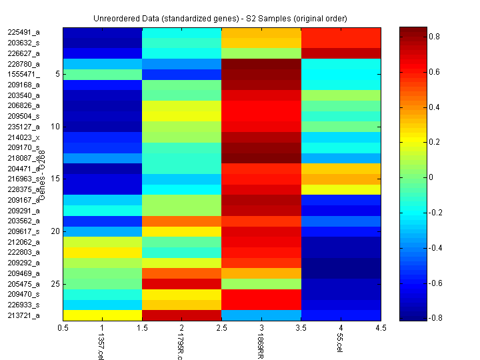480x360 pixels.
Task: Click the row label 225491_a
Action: [x=23, y=32]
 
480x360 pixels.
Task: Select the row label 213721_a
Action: [x=23, y=315]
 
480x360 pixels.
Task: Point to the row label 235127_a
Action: [x=23, y=127]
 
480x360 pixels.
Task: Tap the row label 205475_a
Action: [x=23, y=284]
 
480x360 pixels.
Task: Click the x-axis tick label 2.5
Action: [x=221, y=327]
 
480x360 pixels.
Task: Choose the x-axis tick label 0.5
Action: [x=63, y=327]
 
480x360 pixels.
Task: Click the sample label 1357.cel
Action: [x=101, y=347]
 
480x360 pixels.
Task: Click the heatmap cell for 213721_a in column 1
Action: [x=103, y=315]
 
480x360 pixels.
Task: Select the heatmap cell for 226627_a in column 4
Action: [x=341, y=53]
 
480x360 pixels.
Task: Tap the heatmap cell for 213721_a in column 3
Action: [x=261, y=315]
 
